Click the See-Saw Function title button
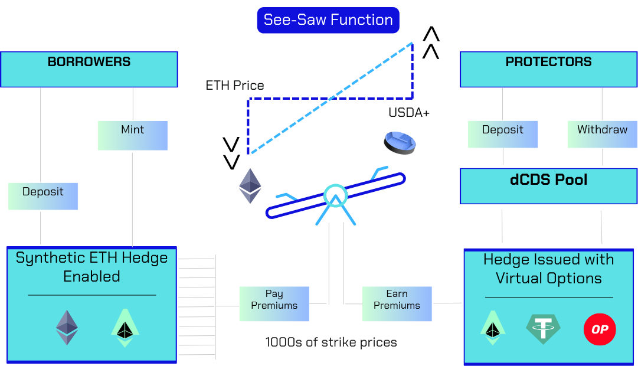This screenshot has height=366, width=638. point(328,20)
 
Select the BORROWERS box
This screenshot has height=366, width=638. point(89,69)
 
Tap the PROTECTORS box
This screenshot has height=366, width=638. point(548,69)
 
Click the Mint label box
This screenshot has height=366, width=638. point(133,135)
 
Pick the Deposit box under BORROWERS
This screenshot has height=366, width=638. point(43,196)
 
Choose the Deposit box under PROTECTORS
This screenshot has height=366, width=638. point(503,135)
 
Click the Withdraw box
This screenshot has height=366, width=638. point(602,135)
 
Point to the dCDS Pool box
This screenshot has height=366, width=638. point(548,186)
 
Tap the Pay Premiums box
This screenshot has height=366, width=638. point(274,303)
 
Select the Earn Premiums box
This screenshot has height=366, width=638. point(397,303)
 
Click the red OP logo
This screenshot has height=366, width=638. point(600,329)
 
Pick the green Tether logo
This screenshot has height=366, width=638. point(543,329)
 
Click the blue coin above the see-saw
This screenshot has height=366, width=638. point(400,143)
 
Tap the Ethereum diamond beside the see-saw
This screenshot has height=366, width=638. point(250,186)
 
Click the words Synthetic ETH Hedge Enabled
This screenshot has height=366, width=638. point(91,267)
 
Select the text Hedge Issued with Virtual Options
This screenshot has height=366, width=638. point(548,269)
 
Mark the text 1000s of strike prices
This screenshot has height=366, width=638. point(331,342)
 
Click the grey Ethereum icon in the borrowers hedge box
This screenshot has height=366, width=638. point(67,328)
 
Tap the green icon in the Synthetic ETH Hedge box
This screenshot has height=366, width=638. point(125,328)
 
